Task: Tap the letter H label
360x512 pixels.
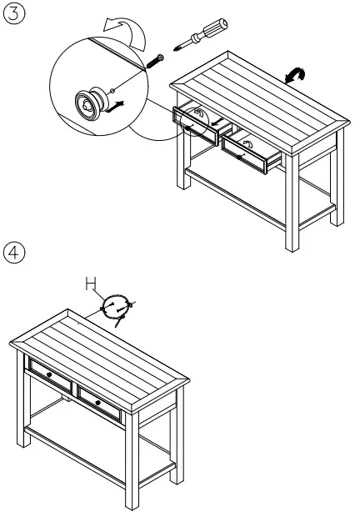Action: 91,285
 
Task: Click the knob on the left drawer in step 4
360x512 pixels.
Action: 49,375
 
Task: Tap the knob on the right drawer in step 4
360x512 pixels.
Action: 98,403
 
